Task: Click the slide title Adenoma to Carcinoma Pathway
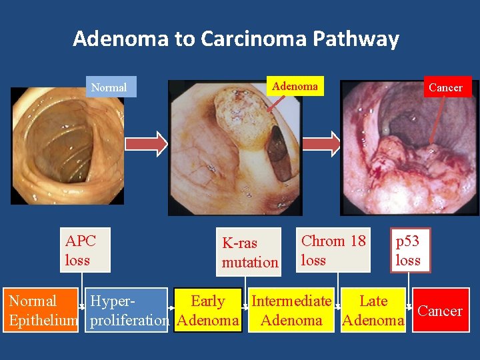point(236,39)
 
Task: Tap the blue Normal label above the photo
point(109,87)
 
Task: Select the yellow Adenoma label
point(295,86)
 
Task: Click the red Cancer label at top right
point(445,87)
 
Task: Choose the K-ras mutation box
point(250,252)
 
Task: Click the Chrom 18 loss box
point(333,251)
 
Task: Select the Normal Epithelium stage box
point(41,311)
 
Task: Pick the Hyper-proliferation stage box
point(127,311)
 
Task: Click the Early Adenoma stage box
point(208,311)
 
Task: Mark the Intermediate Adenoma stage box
point(291,311)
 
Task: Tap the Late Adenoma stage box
point(373,311)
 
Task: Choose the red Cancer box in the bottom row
point(439,311)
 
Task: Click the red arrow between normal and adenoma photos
point(147,143)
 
